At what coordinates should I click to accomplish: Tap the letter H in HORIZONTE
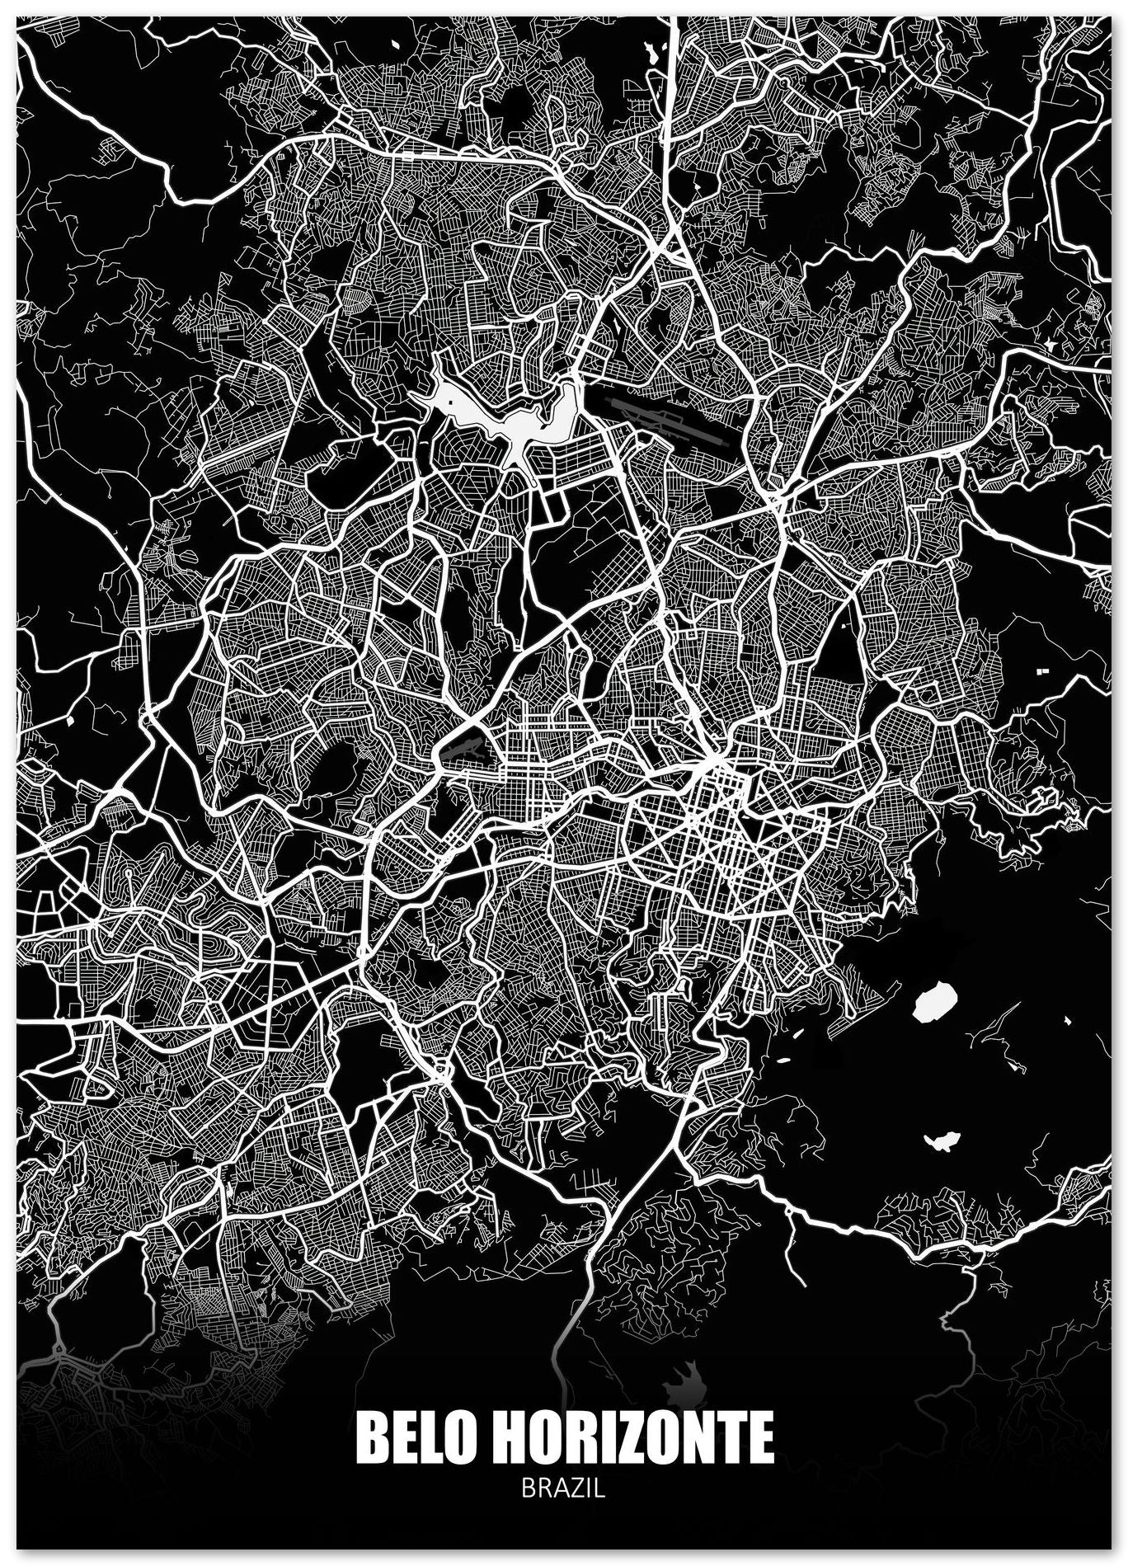(508, 1437)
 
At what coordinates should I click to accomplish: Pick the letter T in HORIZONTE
(728, 1437)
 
